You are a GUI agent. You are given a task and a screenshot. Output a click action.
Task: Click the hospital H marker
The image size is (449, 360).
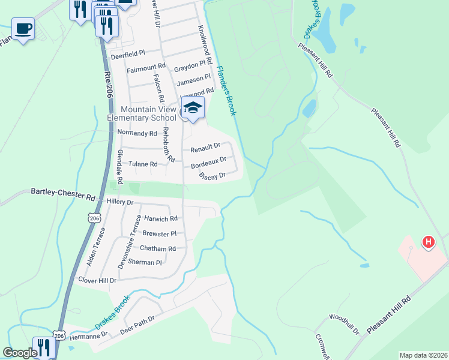[428, 242]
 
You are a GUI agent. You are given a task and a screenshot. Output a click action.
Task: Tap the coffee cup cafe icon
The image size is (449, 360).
[23, 28]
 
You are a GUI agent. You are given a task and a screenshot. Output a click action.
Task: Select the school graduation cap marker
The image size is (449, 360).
[193, 108]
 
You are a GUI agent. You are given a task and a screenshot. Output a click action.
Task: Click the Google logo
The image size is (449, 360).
[19, 353]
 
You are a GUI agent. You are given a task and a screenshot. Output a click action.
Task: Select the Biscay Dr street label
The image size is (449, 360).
[212, 175]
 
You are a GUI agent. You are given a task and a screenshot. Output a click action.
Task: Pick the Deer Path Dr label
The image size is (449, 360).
[137, 323]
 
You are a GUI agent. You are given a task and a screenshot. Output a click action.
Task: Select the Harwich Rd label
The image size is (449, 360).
[161, 219]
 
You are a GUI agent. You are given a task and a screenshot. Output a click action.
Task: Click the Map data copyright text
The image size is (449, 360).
[423, 355]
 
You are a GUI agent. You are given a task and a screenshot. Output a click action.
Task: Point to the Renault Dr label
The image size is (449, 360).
[205, 148]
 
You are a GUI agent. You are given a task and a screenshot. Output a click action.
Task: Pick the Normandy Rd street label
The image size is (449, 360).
[136, 133]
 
